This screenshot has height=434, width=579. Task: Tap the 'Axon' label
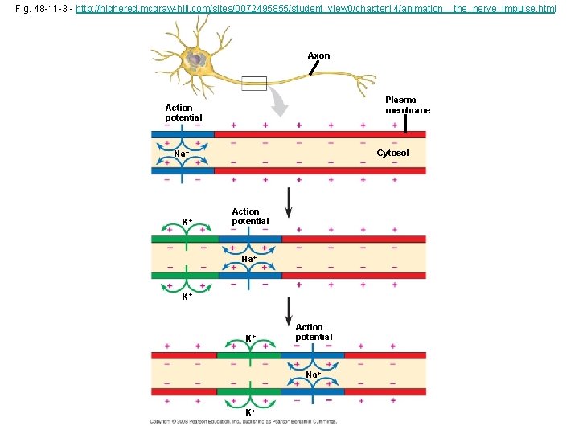coord(318,55)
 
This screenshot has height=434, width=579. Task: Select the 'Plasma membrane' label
coord(408,105)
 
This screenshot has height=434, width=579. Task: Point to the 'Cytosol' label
coord(392,153)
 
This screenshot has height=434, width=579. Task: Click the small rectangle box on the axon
coord(253,83)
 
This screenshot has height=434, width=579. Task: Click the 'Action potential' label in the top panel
coord(179,113)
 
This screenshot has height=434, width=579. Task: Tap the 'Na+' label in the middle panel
coord(249,260)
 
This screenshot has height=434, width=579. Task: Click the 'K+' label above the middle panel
coord(186,222)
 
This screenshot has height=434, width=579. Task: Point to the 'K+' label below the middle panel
coord(186,297)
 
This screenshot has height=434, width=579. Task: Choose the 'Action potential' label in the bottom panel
coord(314,332)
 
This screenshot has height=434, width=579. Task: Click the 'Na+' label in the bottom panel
coord(314,375)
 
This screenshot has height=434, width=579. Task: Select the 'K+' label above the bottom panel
coord(251,338)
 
